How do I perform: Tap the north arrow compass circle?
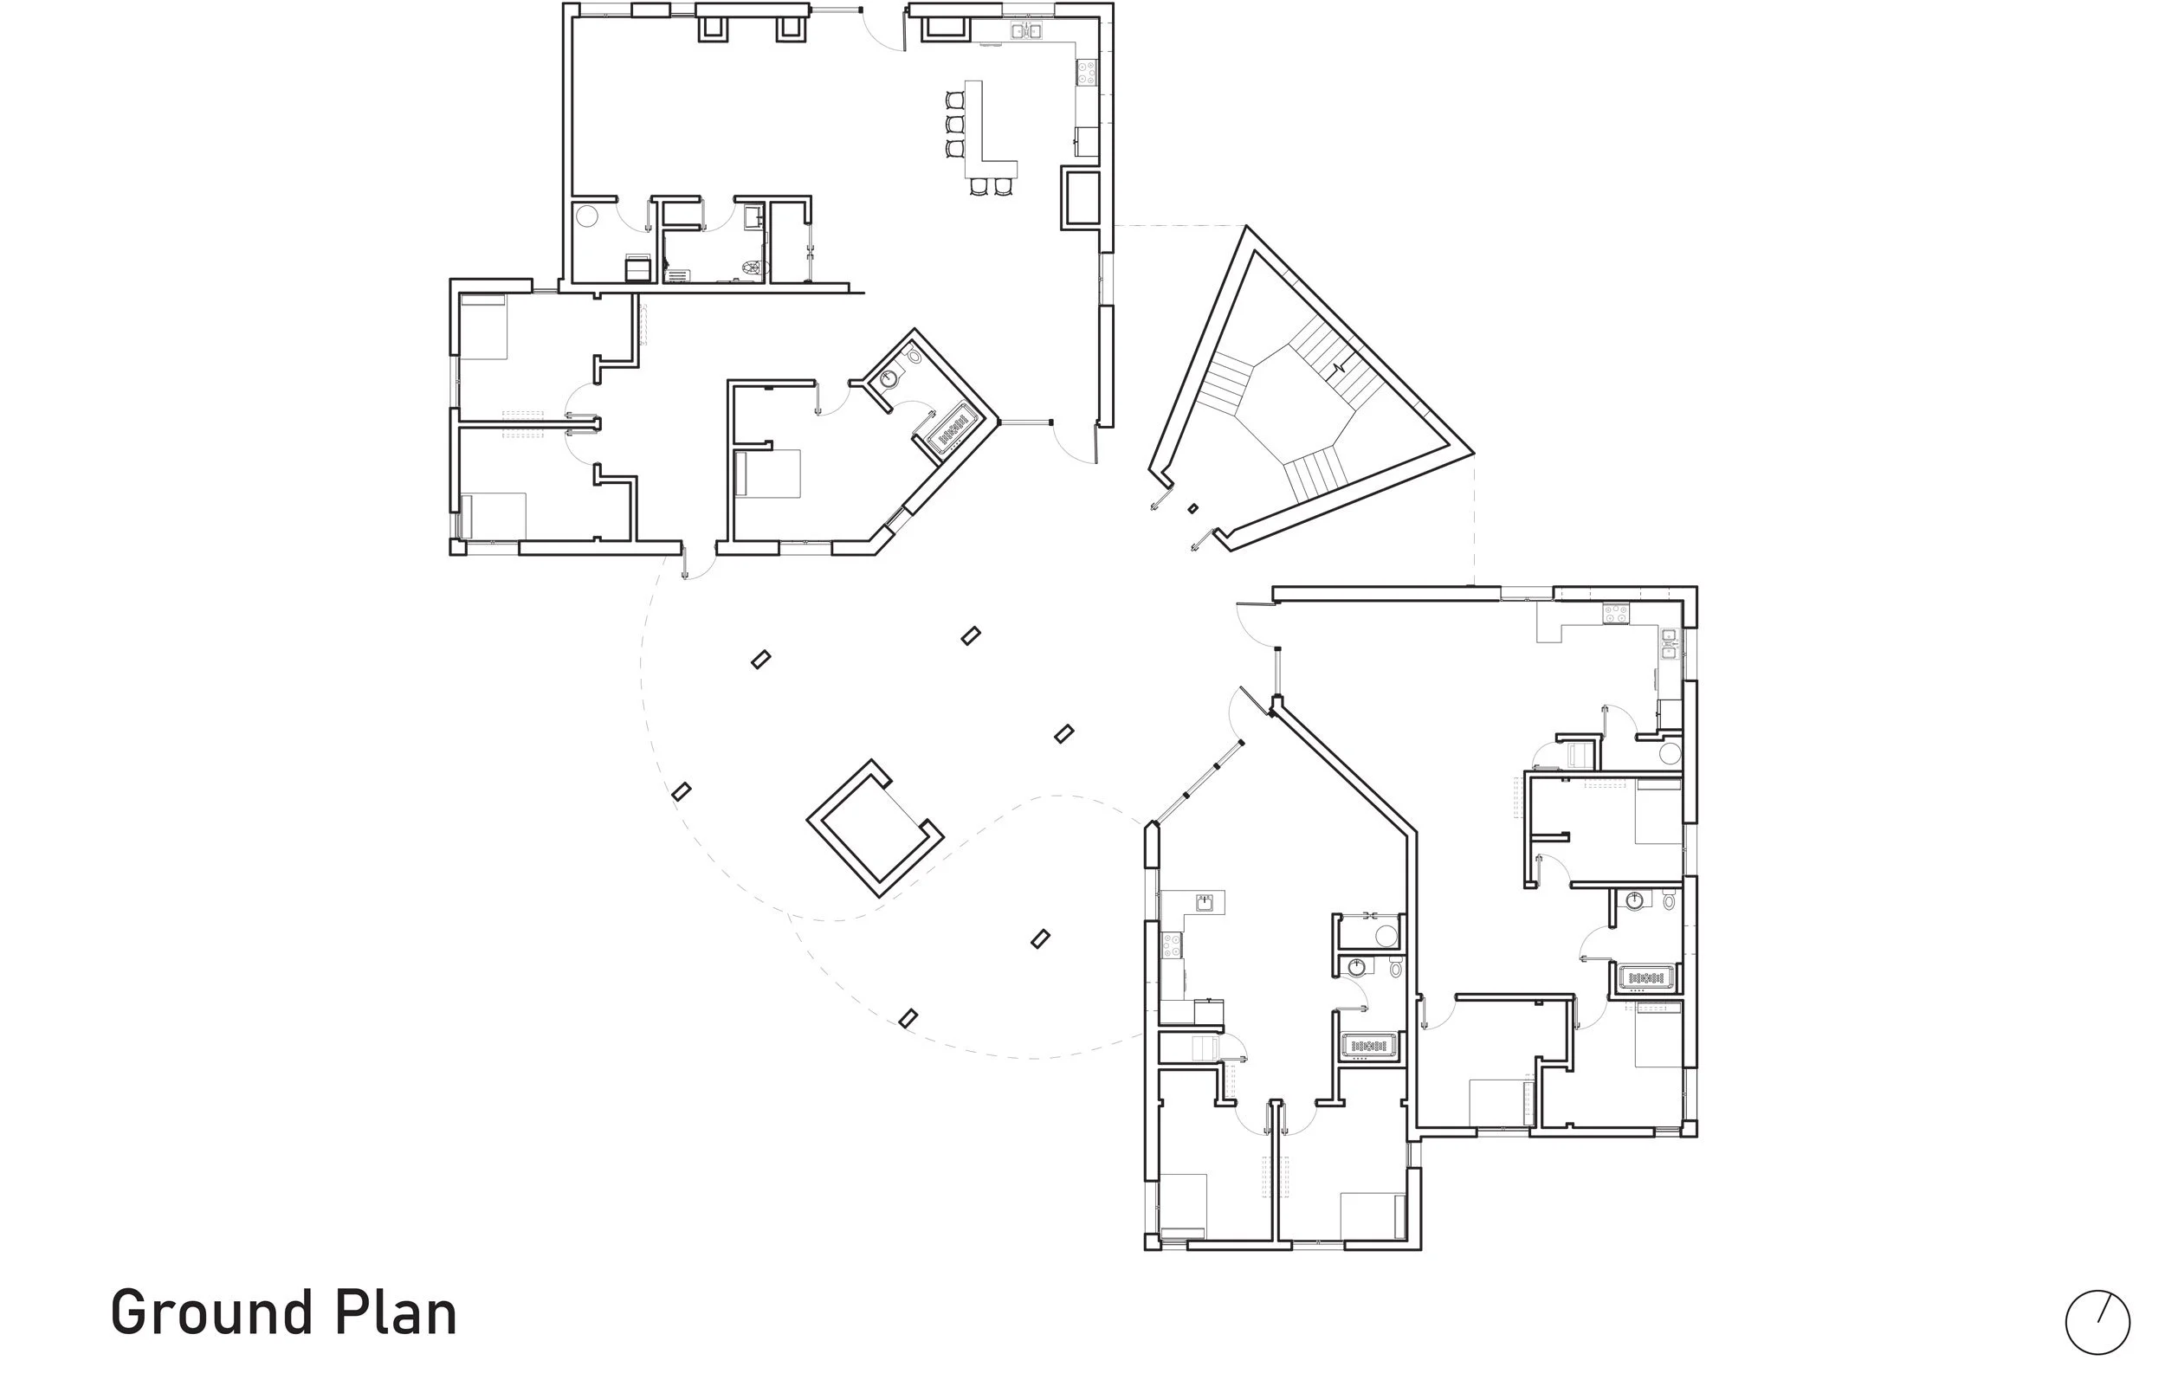coord(2097,1323)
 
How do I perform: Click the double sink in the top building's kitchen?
coord(1026,31)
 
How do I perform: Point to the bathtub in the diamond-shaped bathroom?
coord(947,429)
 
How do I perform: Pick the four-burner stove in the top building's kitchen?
coord(1087,71)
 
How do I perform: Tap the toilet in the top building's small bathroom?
coord(750,267)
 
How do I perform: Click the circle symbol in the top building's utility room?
coord(587,217)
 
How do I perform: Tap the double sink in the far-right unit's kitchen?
coord(1669,643)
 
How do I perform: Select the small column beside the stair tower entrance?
coord(1192,508)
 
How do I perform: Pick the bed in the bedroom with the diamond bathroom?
coord(768,474)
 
